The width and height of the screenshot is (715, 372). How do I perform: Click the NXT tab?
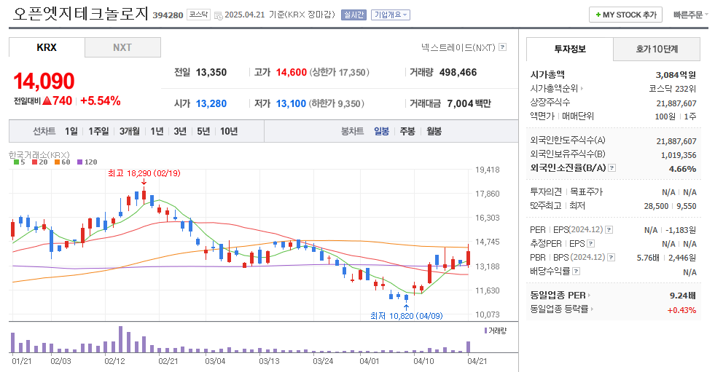(122, 47)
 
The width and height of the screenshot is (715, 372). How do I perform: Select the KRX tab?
(47, 47)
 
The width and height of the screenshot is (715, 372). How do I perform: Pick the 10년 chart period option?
(228, 131)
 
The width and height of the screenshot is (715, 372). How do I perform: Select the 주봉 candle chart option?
(407, 131)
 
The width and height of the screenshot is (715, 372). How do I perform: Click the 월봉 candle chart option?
(434, 131)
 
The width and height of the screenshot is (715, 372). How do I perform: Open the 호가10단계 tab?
(657, 50)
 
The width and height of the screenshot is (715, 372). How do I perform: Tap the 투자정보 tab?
(570, 50)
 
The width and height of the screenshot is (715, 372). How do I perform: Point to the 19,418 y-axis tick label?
(487, 170)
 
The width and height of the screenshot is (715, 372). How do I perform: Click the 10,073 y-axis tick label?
(487, 314)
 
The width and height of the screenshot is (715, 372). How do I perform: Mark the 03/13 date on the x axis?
(270, 360)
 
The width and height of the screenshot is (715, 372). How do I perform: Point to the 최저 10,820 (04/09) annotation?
(406, 315)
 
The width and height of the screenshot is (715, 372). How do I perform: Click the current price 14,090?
(44, 81)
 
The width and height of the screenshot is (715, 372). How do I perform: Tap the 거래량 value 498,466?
(458, 72)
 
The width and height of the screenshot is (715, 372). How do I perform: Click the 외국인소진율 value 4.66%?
(682, 168)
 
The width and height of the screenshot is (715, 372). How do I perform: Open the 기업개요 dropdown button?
(390, 15)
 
